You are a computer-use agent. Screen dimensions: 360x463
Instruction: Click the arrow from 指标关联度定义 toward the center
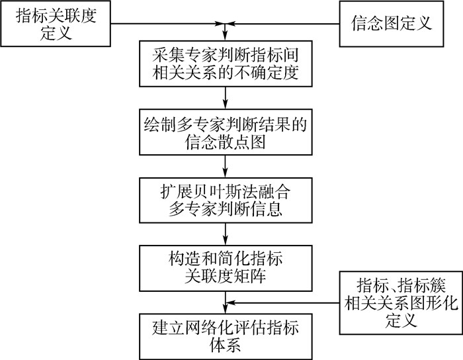pos(165,25)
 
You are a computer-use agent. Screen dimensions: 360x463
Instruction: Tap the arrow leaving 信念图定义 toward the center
pos(284,25)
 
